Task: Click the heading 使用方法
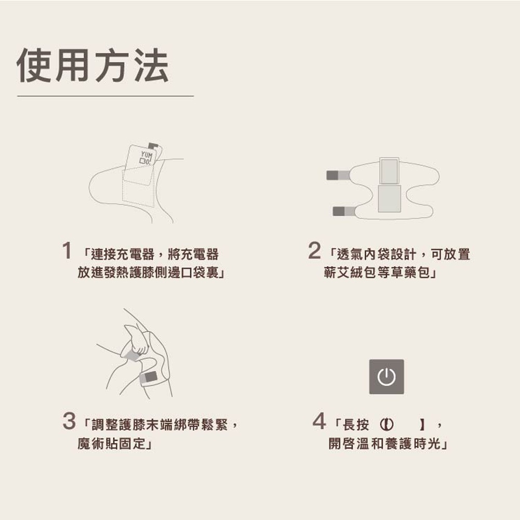pyautogui.click(x=93, y=66)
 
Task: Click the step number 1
pyautogui.click(x=67, y=251)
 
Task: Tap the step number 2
pyautogui.click(x=315, y=251)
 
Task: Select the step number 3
pyautogui.click(x=69, y=421)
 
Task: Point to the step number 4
pyautogui.click(x=319, y=421)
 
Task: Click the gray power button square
pyautogui.click(x=386, y=376)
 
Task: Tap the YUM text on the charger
pyautogui.click(x=146, y=155)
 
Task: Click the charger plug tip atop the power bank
pyautogui.click(x=153, y=146)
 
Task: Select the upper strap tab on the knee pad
pyautogui.click(x=338, y=175)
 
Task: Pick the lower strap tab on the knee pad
pyautogui.click(x=344, y=211)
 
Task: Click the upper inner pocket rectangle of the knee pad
pyautogui.click(x=389, y=171)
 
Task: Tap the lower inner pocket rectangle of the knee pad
pyautogui.click(x=389, y=199)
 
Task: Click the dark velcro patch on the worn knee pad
pyautogui.click(x=151, y=376)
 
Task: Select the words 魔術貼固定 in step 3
pyautogui.click(x=111, y=444)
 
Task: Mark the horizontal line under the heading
pyautogui.click(x=106, y=96)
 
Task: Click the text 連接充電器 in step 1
pyautogui.click(x=123, y=254)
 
